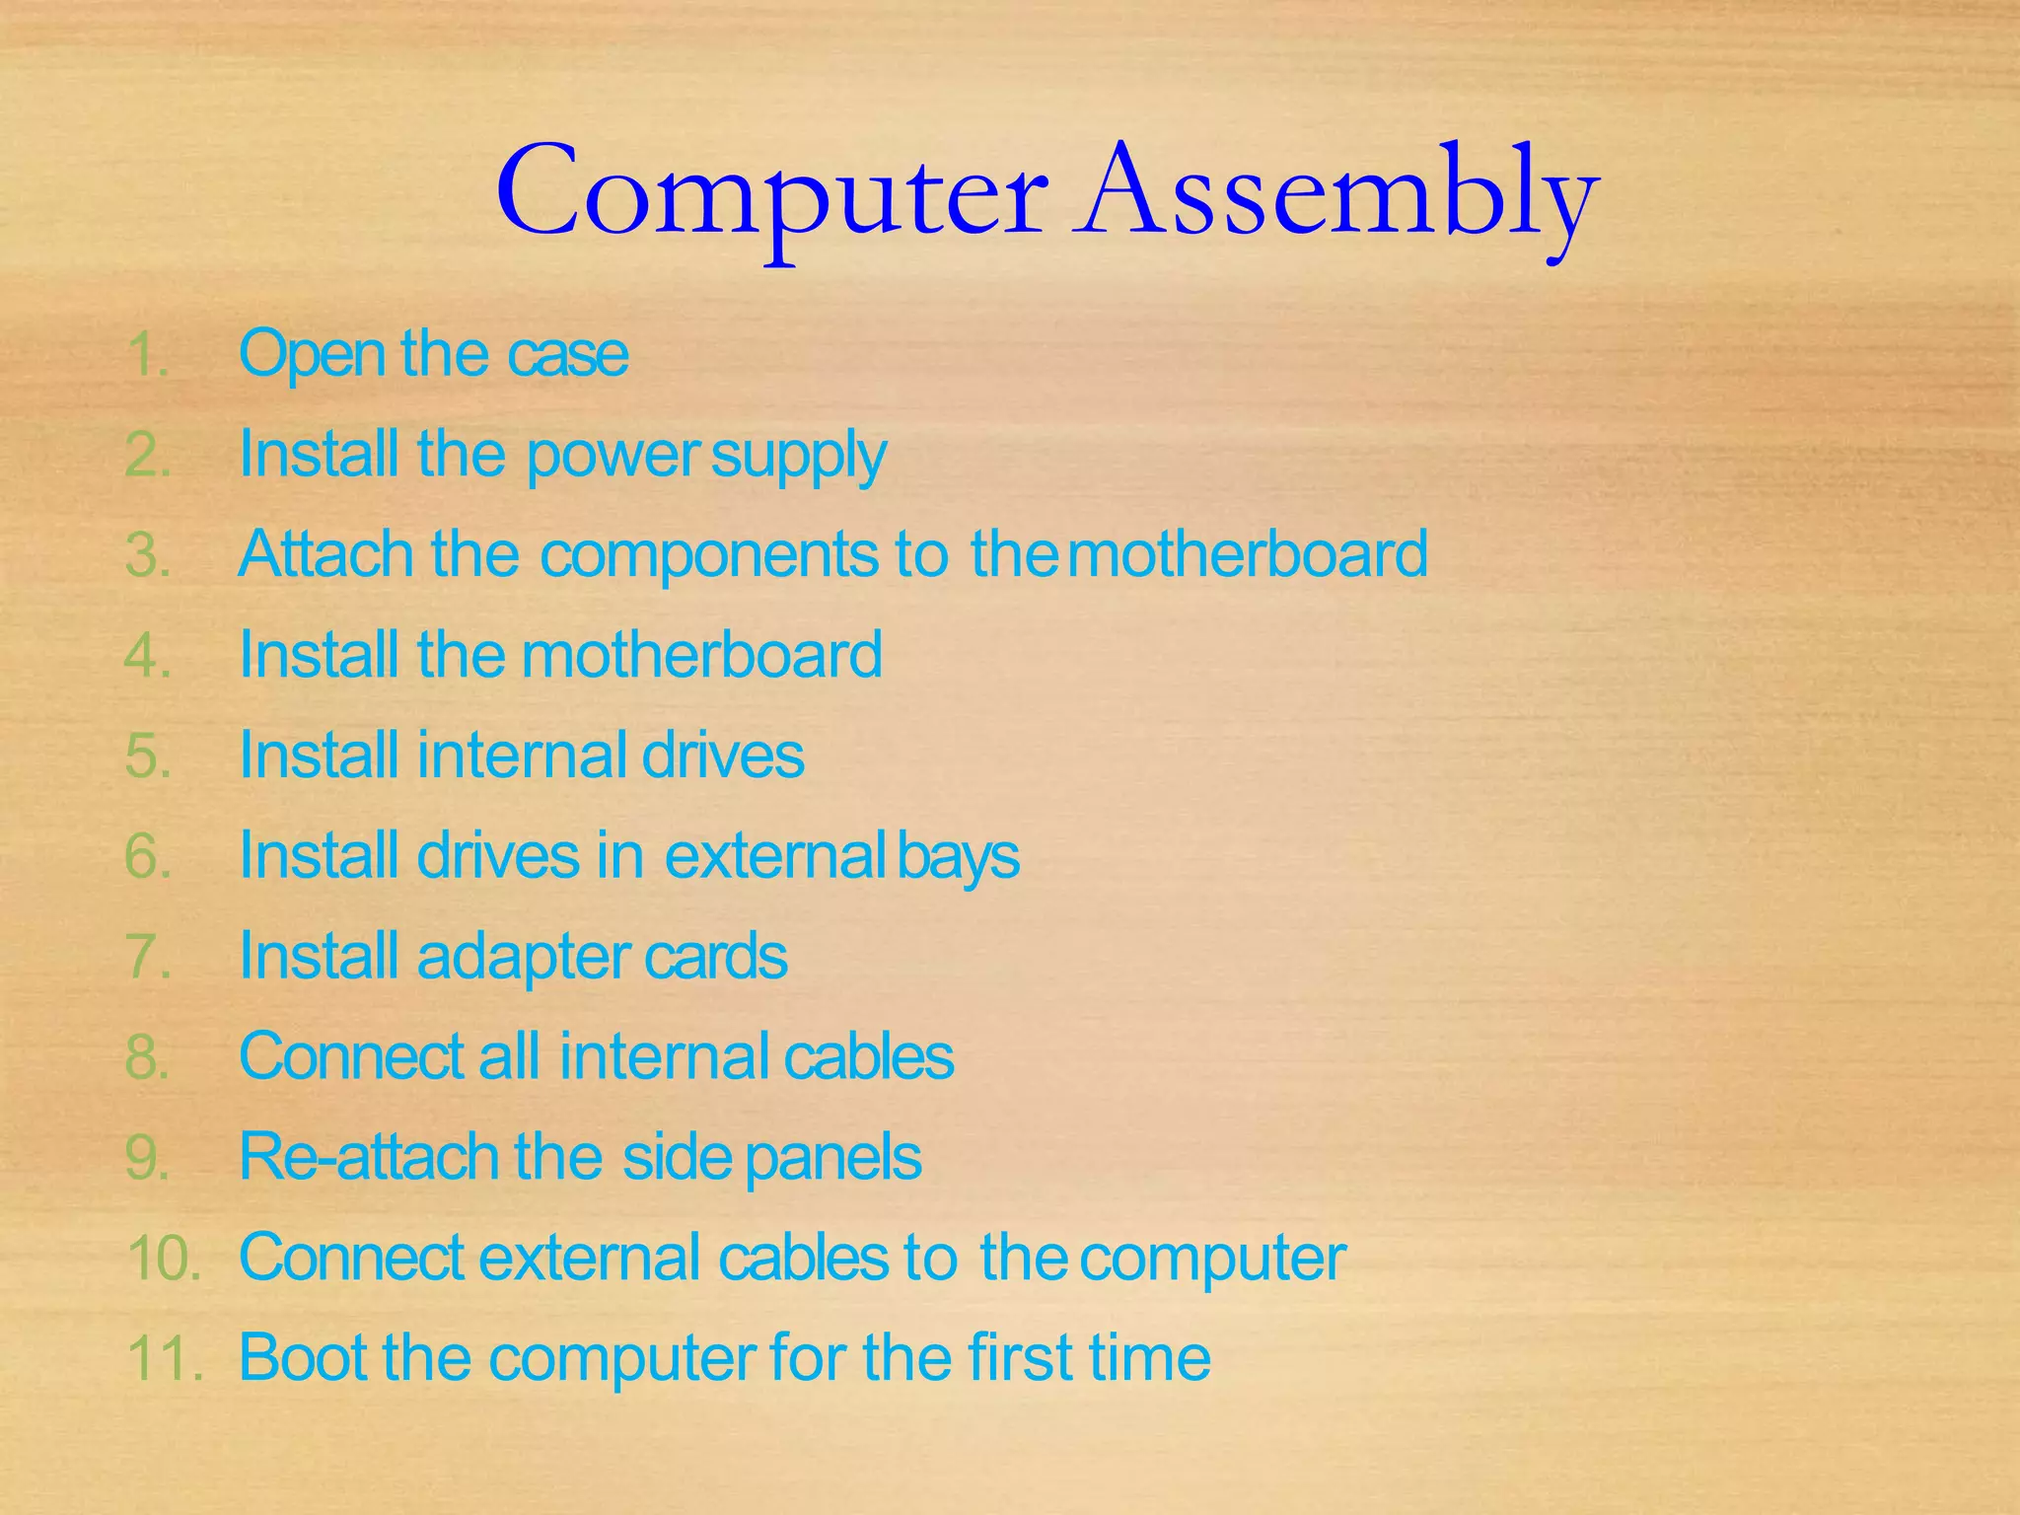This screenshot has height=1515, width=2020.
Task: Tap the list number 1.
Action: [x=147, y=355]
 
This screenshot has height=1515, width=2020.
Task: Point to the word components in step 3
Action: [x=708, y=554]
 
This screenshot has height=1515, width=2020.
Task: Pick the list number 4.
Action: [x=148, y=656]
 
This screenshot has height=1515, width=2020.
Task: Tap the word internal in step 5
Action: [x=523, y=756]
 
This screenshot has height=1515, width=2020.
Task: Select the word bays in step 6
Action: [x=959, y=856]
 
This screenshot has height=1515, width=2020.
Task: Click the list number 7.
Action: [x=148, y=957]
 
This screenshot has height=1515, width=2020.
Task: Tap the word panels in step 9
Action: [x=833, y=1159]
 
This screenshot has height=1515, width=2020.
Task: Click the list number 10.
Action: [x=163, y=1259]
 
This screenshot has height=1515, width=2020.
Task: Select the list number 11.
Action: [x=164, y=1359]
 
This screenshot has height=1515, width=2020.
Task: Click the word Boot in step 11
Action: [x=305, y=1358]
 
